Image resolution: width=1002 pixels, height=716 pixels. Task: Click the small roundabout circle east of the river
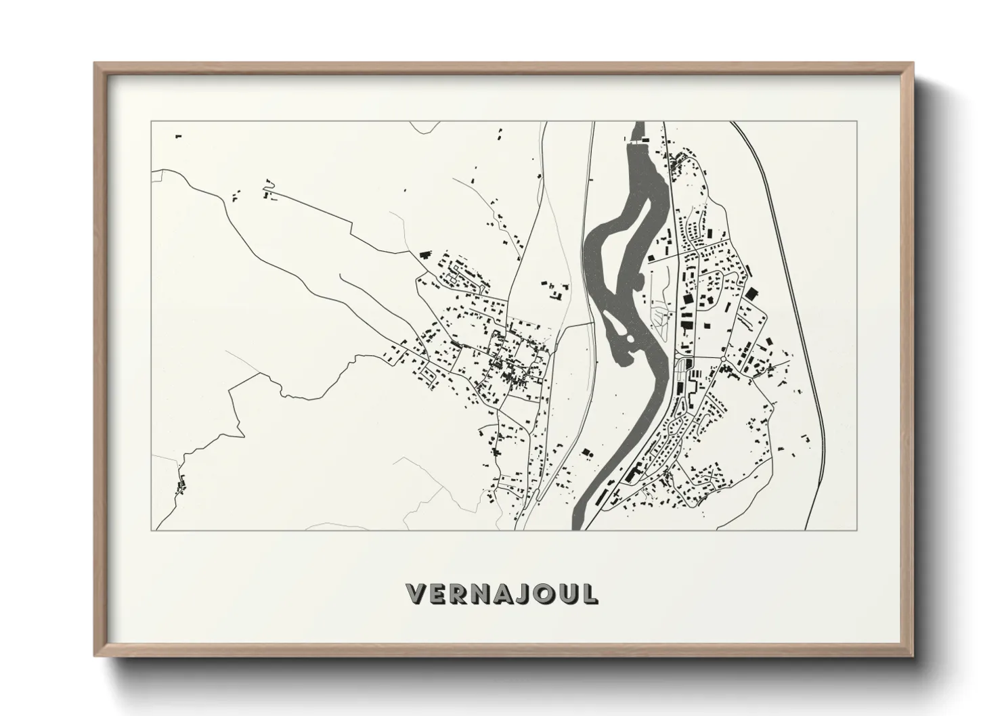724,358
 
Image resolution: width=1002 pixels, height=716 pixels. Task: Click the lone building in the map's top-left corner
179,137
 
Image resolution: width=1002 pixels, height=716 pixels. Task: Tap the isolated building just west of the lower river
586,452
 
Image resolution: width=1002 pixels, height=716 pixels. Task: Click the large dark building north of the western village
425,254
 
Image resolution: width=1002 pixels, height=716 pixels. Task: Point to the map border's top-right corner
857,122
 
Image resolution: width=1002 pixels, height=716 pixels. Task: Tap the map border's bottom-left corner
152,530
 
